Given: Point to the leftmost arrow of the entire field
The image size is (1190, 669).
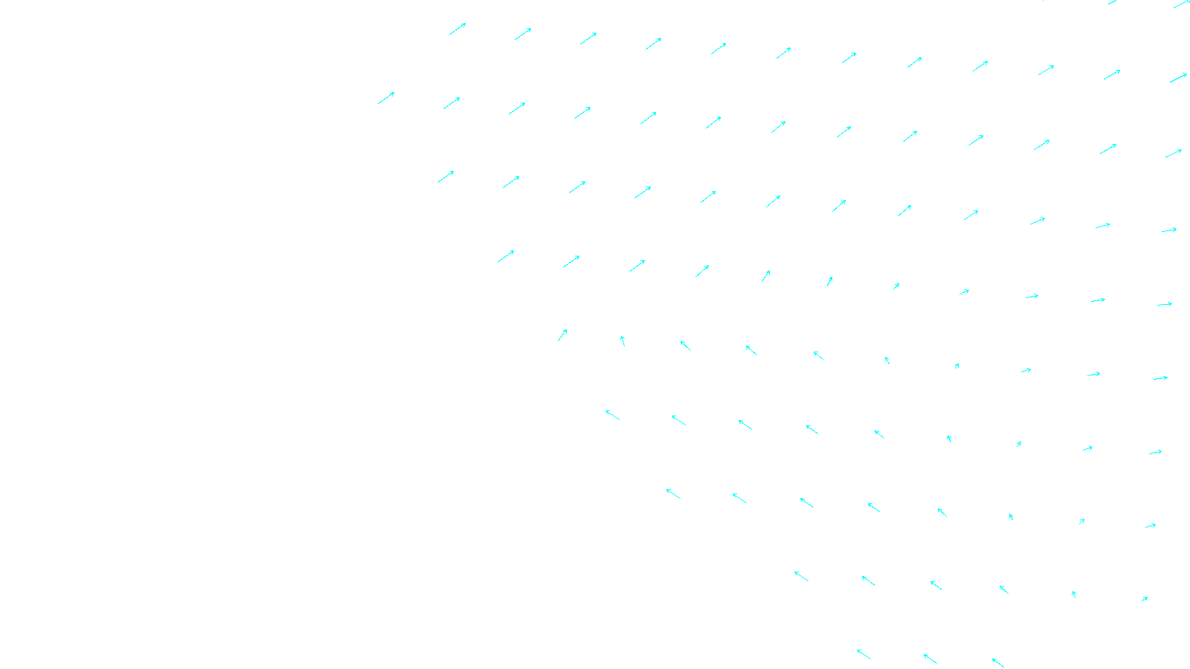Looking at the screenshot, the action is [386, 98].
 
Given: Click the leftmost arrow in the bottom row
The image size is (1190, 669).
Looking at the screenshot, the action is [863, 654].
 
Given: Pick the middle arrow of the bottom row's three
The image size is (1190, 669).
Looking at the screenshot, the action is [930, 659].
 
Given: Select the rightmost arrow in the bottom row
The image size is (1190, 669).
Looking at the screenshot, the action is [998, 662].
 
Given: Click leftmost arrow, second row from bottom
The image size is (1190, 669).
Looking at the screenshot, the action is [801, 576].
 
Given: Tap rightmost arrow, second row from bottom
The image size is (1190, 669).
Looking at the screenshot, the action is [1145, 598].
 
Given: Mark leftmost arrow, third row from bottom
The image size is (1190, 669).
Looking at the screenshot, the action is [673, 494].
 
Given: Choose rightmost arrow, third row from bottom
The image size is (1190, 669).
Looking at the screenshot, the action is [1151, 526].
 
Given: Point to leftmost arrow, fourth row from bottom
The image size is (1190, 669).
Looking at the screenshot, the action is [612, 414].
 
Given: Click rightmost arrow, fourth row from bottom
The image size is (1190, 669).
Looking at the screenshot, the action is [1155, 452].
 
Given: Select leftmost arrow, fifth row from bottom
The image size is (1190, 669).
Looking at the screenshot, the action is [562, 335].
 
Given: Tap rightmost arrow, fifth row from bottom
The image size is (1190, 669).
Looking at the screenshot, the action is [1160, 378].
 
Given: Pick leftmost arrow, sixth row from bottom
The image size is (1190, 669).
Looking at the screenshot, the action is [506, 256].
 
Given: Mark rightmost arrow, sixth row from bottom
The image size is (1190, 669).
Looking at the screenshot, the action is [1165, 304].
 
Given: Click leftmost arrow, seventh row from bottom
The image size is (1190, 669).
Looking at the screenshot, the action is [446, 177].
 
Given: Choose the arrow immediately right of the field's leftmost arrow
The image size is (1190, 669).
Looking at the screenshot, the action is [451, 103].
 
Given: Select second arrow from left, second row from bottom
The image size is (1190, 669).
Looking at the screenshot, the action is [869, 581].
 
